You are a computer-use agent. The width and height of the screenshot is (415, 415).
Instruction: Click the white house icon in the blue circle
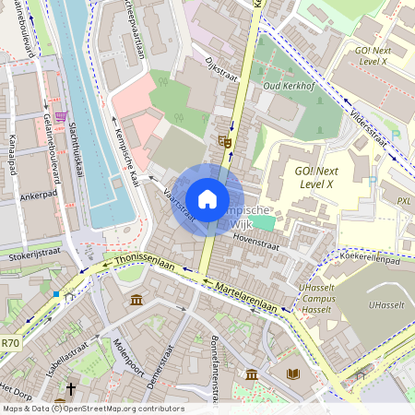pyautogui.click(x=207, y=198)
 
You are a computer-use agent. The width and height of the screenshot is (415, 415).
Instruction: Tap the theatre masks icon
pyautogui.click(x=224, y=140)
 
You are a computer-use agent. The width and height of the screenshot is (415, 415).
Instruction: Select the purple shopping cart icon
pyautogui.click(x=61, y=117)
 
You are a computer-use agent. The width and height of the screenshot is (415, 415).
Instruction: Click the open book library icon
pyautogui.click(x=293, y=373)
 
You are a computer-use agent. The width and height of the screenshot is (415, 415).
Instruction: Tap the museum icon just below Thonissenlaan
pyautogui.click(x=136, y=301)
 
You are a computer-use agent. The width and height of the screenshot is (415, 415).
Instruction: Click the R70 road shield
pyautogui.click(x=10, y=343)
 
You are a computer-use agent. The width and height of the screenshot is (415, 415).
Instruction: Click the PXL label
pyautogui.click(x=404, y=200)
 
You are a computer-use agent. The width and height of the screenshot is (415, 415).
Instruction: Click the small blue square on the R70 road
pyautogui.click(x=56, y=294)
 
